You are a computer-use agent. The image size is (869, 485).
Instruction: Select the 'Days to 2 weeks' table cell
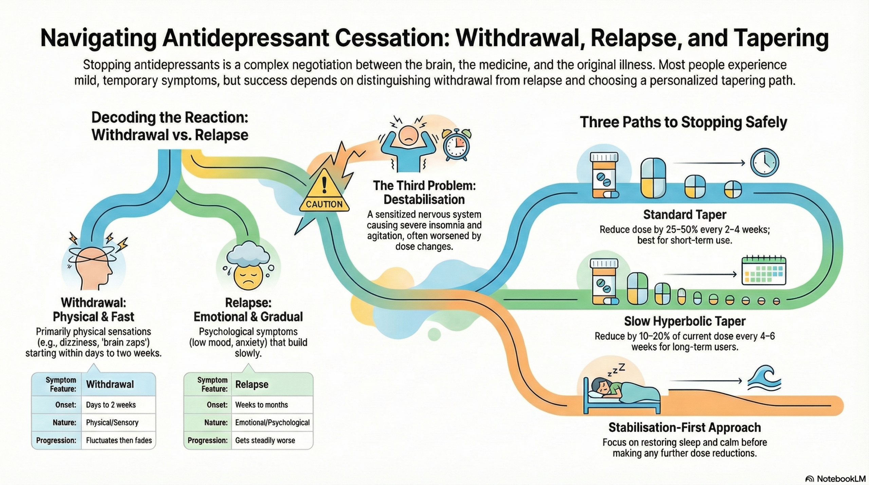(111, 405)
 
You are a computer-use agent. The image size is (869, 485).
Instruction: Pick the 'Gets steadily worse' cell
(265, 441)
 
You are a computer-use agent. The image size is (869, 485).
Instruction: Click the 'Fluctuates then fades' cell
(119, 441)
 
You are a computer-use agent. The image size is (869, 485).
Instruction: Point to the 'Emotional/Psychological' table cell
(272, 423)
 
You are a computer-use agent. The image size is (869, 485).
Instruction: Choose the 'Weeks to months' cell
(261, 405)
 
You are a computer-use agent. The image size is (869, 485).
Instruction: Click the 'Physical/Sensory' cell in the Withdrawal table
(112, 423)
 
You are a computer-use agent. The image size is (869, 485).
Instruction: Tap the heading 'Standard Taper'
(684, 215)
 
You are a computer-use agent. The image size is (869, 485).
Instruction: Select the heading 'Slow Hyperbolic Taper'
(684, 321)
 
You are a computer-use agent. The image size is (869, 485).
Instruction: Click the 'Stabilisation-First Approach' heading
(684, 428)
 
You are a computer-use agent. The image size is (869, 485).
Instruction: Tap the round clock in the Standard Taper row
(764, 163)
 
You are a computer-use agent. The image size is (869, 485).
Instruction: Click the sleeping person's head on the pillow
(598, 386)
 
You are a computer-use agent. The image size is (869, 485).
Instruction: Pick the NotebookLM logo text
(840, 479)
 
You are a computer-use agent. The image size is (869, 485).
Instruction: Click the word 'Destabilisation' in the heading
(424, 200)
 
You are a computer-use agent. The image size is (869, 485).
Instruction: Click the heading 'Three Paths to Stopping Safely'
(683, 122)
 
